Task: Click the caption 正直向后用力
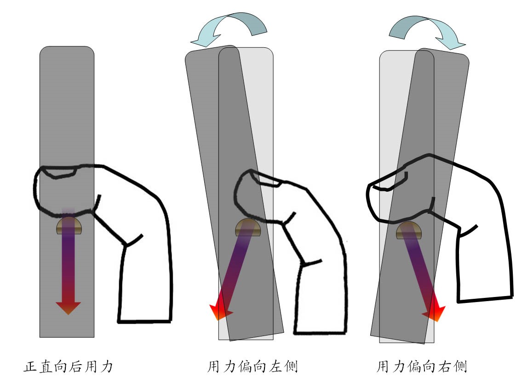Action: (68, 367)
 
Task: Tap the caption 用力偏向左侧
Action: (252, 367)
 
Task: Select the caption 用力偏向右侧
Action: (422, 367)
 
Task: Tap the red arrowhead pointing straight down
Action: (68, 308)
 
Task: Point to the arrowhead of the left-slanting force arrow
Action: (220, 312)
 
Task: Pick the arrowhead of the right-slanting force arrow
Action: (435, 314)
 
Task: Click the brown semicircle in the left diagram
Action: (69, 227)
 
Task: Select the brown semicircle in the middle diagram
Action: (248, 228)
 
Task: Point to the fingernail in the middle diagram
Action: (266, 181)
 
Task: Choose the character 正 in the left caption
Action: (30, 367)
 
